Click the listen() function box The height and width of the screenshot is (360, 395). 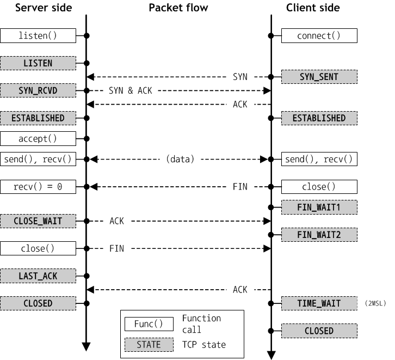click(x=38, y=36)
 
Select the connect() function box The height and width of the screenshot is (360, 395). click(x=319, y=36)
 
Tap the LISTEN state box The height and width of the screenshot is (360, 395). click(x=38, y=63)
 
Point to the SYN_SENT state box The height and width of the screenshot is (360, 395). click(x=319, y=77)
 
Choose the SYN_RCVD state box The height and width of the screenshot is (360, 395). click(x=38, y=90)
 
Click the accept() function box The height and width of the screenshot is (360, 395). click(x=38, y=139)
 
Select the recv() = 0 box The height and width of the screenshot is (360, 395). click(x=38, y=187)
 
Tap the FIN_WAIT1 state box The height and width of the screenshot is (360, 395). click(x=319, y=208)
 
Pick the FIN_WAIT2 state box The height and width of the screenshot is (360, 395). click(x=319, y=235)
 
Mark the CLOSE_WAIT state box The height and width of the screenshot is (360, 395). click(x=38, y=221)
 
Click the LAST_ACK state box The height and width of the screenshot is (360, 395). click(x=38, y=276)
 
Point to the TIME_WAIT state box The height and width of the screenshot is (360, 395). click(x=319, y=303)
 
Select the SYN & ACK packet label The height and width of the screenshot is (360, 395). click(x=131, y=90)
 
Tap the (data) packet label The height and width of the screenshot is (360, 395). click(x=180, y=160)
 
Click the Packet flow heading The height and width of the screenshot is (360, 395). click(x=179, y=8)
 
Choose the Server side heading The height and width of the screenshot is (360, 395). click(x=43, y=8)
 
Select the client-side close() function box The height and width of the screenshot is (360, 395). click(x=319, y=187)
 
